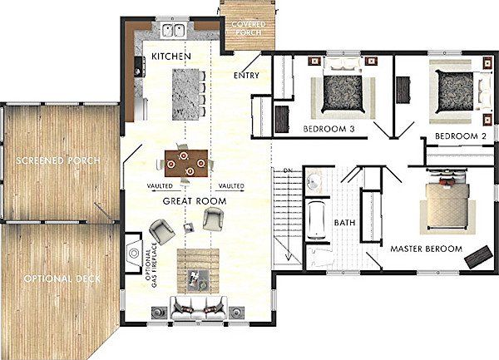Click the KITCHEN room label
click(x=171, y=57)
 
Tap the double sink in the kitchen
click(x=174, y=30)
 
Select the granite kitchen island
click(x=185, y=95)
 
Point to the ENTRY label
click(x=246, y=76)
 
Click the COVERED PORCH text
click(x=249, y=28)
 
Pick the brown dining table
click(x=186, y=164)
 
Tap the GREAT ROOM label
click(x=195, y=201)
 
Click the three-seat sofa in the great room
click(x=198, y=308)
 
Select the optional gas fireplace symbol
click(x=133, y=253)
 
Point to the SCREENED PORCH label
click(x=58, y=160)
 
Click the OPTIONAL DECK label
click(x=62, y=279)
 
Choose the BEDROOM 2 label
click(x=461, y=136)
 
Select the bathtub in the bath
click(x=317, y=219)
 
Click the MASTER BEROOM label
click(x=426, y=249)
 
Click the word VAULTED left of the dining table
click(x=160, y=185)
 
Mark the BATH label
click(x=344, y=223)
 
